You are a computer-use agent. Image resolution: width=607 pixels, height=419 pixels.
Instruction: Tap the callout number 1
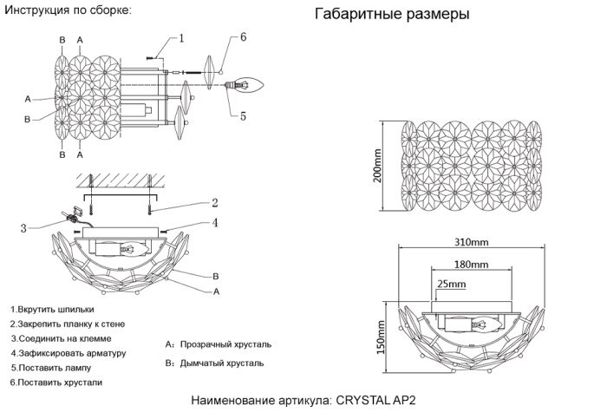182,38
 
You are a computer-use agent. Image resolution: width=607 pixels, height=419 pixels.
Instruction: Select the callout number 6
244,37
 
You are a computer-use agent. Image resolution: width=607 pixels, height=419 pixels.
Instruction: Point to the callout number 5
244,115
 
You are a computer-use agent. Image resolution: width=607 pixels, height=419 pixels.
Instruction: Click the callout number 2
214,203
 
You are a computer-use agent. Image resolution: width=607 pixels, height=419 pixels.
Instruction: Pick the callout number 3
24,228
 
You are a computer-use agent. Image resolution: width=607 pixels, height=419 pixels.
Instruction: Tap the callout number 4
214,223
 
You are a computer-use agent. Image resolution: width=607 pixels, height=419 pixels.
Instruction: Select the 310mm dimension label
471,243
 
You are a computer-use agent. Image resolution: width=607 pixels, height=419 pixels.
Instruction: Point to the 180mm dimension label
471,264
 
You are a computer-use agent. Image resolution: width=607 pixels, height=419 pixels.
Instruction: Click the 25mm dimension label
452,284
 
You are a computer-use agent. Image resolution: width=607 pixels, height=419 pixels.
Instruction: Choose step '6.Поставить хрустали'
56,382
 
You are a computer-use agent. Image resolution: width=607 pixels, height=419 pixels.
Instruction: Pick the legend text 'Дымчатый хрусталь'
222,363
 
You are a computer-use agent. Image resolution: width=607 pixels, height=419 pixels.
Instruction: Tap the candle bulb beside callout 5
251,85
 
